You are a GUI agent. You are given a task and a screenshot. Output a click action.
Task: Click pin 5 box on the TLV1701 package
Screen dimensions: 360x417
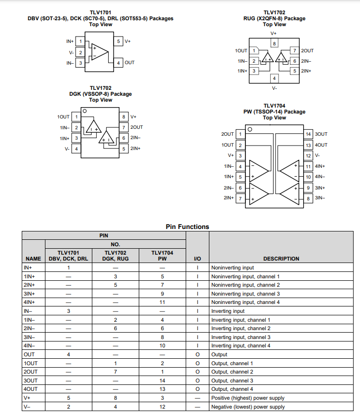119,41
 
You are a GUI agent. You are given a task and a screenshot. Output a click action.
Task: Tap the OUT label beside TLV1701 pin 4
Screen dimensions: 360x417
129,63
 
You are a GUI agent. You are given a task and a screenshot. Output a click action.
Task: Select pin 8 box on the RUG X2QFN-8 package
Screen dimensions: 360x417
275,43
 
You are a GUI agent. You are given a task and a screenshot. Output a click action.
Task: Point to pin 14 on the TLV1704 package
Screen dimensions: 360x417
308,134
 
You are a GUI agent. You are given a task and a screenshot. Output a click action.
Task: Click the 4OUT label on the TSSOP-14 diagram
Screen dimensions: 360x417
321,145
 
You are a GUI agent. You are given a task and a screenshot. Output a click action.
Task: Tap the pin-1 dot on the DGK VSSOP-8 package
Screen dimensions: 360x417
84,111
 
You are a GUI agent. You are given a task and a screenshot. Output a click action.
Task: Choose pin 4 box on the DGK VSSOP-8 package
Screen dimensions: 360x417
77,149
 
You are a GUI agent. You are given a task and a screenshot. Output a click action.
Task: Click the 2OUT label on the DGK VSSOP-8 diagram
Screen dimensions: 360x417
136,127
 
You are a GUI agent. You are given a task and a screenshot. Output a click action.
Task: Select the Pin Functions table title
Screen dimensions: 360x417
187,227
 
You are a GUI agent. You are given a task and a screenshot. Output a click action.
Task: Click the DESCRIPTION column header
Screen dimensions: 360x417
281,259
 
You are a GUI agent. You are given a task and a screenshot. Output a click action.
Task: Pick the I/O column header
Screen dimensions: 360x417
198,259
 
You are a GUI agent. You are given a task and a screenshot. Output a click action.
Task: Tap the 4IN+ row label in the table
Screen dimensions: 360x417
29,303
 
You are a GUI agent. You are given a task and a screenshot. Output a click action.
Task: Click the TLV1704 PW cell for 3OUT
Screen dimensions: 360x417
162,380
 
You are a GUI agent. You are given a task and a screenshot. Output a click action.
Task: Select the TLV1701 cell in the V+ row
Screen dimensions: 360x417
69,398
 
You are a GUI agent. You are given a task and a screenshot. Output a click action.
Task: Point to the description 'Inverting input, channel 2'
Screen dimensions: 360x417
241,329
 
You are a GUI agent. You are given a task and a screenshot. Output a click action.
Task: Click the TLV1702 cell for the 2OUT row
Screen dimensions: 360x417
116,372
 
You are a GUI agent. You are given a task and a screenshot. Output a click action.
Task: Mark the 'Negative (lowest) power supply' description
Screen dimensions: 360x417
248,407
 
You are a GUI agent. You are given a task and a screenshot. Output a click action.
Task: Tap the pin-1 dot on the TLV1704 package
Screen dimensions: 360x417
250,129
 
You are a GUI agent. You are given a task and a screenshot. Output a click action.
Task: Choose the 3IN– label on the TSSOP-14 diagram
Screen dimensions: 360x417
320,198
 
